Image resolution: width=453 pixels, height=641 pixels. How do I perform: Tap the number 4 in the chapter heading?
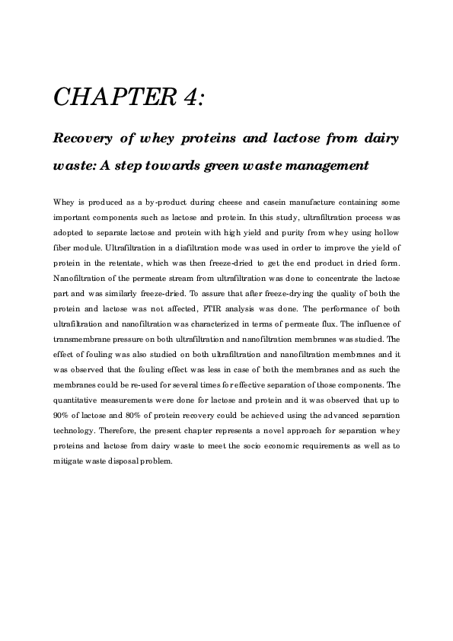tap(191, 97)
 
